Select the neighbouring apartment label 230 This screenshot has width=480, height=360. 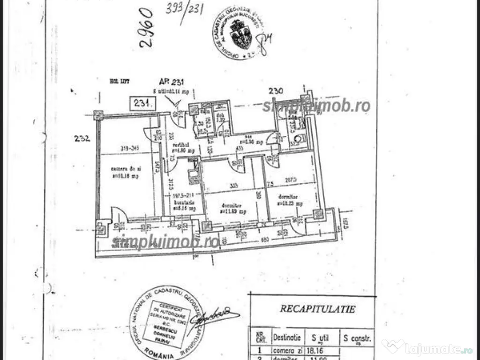(x=276, y=90)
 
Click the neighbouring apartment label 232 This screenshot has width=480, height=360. (x=82, y=138)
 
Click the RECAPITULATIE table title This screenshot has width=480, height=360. (x=318, y=308)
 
